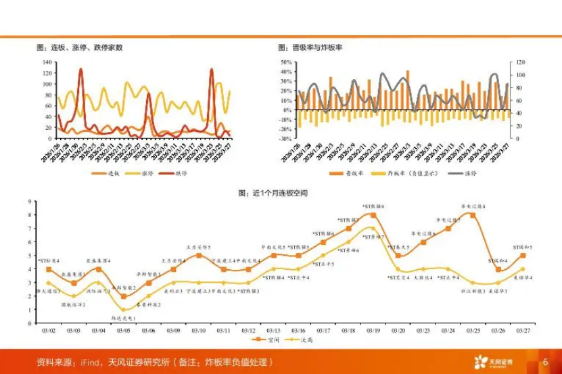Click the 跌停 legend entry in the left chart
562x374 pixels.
[177, 173]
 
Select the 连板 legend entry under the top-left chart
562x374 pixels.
[108, 173]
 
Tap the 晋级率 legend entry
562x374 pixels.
[346, 173]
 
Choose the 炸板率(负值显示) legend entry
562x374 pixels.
[407, 173]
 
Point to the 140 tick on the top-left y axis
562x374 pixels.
[47, 62]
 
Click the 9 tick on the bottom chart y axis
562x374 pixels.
[28, 202]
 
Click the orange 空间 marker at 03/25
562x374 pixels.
[473, 215]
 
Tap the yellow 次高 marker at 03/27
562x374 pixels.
[523, 269]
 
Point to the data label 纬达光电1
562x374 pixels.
[123, 317]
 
